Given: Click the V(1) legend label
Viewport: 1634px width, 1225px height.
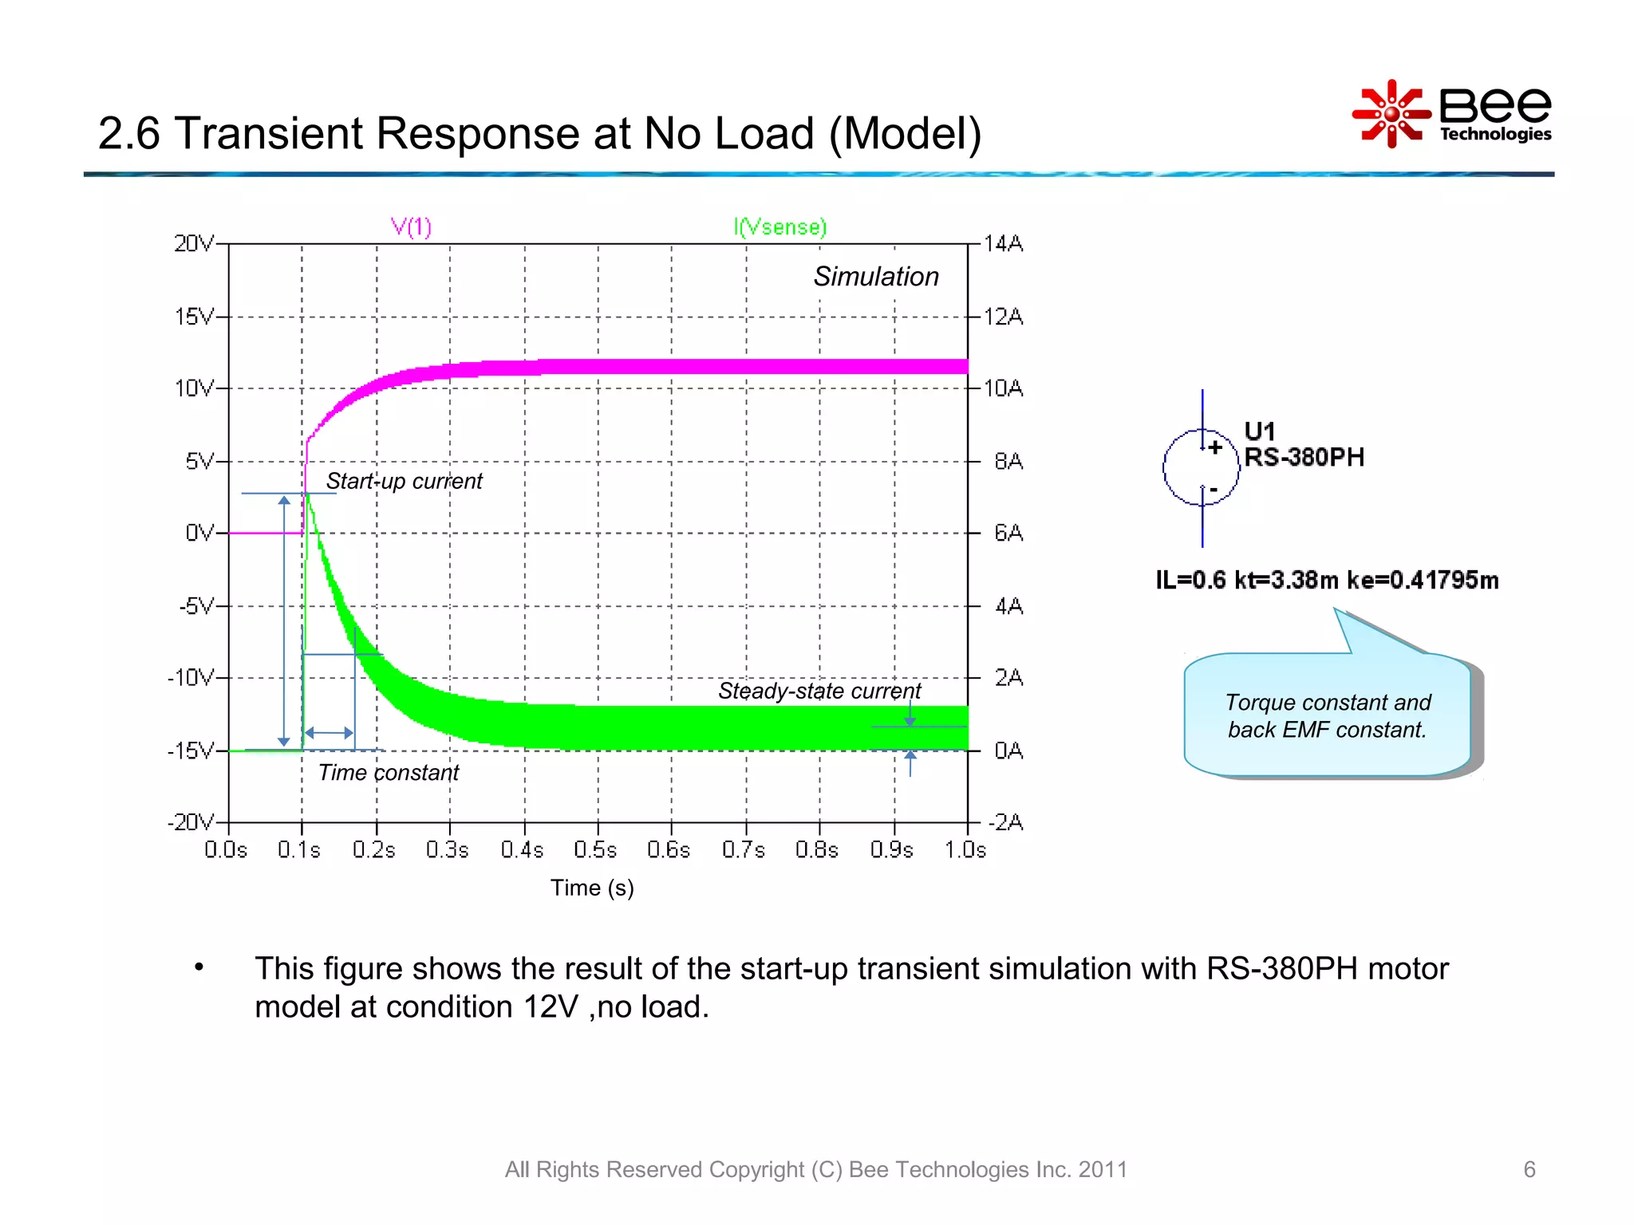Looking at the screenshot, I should (x=411, y=227).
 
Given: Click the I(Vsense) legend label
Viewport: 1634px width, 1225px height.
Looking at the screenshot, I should (x=780, y=227).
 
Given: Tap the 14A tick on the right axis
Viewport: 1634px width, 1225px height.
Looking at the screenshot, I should (x=1003, y=243).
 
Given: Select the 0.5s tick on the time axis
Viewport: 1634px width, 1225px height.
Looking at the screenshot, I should (x=595, y=850).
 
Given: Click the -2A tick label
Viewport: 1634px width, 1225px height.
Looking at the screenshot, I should (x=1005, y=822).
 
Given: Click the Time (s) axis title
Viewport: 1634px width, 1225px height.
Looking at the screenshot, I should (x=592, y=888).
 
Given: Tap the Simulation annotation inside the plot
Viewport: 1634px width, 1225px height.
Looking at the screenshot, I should (x=875, y=277).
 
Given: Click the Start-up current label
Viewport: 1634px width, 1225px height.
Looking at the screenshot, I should (x=404, y=481).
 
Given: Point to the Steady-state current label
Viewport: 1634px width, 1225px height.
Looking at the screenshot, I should (x=819, y=691).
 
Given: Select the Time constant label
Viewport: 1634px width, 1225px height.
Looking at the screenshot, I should (x=388, y=773).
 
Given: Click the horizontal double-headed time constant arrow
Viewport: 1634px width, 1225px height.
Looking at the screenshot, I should (x=329, y=732).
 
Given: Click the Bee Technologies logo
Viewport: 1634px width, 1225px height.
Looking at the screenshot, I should (x=1452, y=114).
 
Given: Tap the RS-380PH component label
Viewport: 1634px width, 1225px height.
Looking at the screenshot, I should (x=1304, y=457).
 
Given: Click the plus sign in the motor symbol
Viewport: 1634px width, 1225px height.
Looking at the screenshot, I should (x=1214, y=447).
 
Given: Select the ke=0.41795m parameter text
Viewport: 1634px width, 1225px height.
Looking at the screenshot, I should (x=1422, y=580).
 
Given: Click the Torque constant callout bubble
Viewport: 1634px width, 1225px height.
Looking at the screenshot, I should (x=1327, y=715).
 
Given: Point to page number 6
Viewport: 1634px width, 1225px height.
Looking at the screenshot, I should (x=1529, y=1169).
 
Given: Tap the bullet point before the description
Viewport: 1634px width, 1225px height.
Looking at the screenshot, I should (x=199, y=967).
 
